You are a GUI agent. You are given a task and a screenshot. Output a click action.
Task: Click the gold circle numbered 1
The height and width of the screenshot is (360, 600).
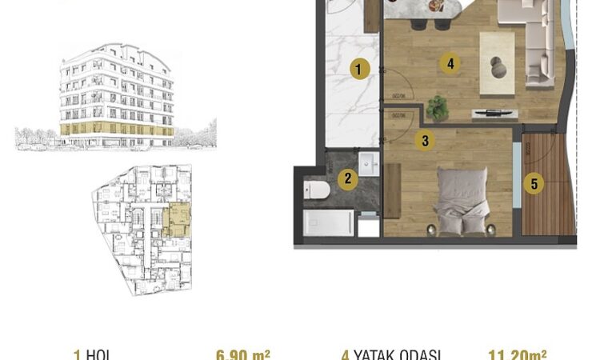coord(359,70)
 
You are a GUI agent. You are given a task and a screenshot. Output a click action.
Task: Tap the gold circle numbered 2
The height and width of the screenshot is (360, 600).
coord(346,179)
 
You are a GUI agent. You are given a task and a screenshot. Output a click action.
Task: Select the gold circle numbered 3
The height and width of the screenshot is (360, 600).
coord(426,140)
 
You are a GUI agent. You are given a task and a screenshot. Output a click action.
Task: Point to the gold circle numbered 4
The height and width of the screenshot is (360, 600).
coord(451,63)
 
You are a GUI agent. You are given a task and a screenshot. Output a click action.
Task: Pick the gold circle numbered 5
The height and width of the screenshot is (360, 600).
coord(535,183)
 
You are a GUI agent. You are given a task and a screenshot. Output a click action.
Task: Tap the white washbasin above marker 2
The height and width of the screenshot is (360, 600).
coord(370,162)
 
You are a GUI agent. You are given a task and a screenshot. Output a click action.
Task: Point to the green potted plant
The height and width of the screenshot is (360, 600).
coord(438,106)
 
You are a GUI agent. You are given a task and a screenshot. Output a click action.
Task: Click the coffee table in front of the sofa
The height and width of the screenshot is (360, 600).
coord(496,60)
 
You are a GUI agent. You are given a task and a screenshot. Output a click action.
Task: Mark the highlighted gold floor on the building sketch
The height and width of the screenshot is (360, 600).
coord(116,128)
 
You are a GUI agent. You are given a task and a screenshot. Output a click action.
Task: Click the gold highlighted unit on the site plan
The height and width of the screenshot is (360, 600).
coord(177,220)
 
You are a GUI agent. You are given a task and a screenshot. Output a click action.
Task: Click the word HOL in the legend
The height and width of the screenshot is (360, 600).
coord(97,354)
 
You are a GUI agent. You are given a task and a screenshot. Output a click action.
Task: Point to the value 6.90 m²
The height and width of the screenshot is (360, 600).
coord(242,354)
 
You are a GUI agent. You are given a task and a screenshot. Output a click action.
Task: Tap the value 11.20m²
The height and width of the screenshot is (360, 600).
coord(518,354)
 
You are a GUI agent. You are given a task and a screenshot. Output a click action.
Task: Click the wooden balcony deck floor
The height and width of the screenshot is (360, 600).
coord(549,192)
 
